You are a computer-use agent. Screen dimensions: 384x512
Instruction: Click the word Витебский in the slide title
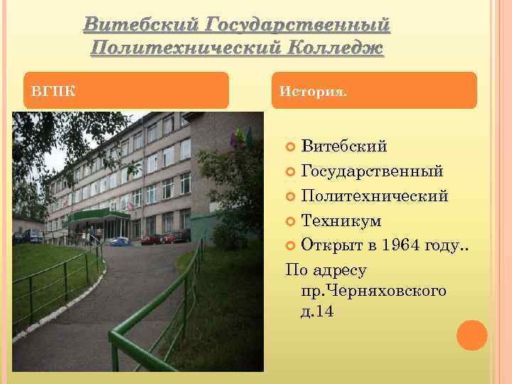tap(140, 25)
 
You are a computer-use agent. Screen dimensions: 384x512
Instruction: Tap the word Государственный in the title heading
tap(297, 25)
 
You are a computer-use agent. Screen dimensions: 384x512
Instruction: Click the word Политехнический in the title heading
tap(185, 48)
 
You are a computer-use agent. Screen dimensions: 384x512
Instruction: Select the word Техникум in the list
tap(341, 221)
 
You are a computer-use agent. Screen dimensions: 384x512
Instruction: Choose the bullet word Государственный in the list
tap(373, 171)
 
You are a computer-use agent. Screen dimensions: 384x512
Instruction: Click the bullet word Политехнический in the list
tap(375, 196)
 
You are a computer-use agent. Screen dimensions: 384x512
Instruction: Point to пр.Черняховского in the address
tap(373, 291)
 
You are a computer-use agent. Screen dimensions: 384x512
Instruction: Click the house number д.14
tap(317, 311)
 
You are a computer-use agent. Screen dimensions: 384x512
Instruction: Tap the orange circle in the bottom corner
tap(472, 335)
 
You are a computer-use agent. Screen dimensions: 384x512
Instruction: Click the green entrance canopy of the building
tap(100, 214)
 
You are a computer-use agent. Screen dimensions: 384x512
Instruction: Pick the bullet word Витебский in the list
tap(344, 147)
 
